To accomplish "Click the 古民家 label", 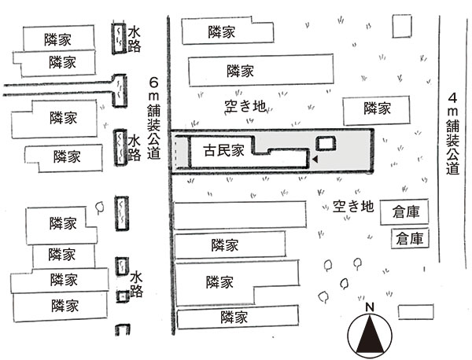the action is point(223,150).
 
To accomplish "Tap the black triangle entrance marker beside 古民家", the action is point(315,160).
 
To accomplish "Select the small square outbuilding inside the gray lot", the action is point(326,144).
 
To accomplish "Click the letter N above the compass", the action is point(370,307).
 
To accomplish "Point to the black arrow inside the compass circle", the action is point(370,333).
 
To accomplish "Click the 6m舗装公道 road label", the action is point(154,118).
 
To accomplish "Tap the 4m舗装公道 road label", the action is point(452,134).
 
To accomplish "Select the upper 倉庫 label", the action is point(406,212).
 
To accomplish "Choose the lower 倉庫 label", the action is point(409,238).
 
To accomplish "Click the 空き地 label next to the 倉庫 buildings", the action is point(353,206).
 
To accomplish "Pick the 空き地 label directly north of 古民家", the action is point(245,106).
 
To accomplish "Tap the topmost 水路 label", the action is point(134,40).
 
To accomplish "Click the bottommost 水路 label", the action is point(136,285).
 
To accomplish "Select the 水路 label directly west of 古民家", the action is point(135,149).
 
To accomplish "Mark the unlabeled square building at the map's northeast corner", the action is point(402,27).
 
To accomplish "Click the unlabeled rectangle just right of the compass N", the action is point(416,311).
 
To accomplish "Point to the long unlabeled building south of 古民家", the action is point(240,215).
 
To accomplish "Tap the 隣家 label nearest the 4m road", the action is point(377,108).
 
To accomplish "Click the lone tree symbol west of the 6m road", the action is point(99,208).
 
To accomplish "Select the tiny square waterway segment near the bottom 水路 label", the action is point(123,296).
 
